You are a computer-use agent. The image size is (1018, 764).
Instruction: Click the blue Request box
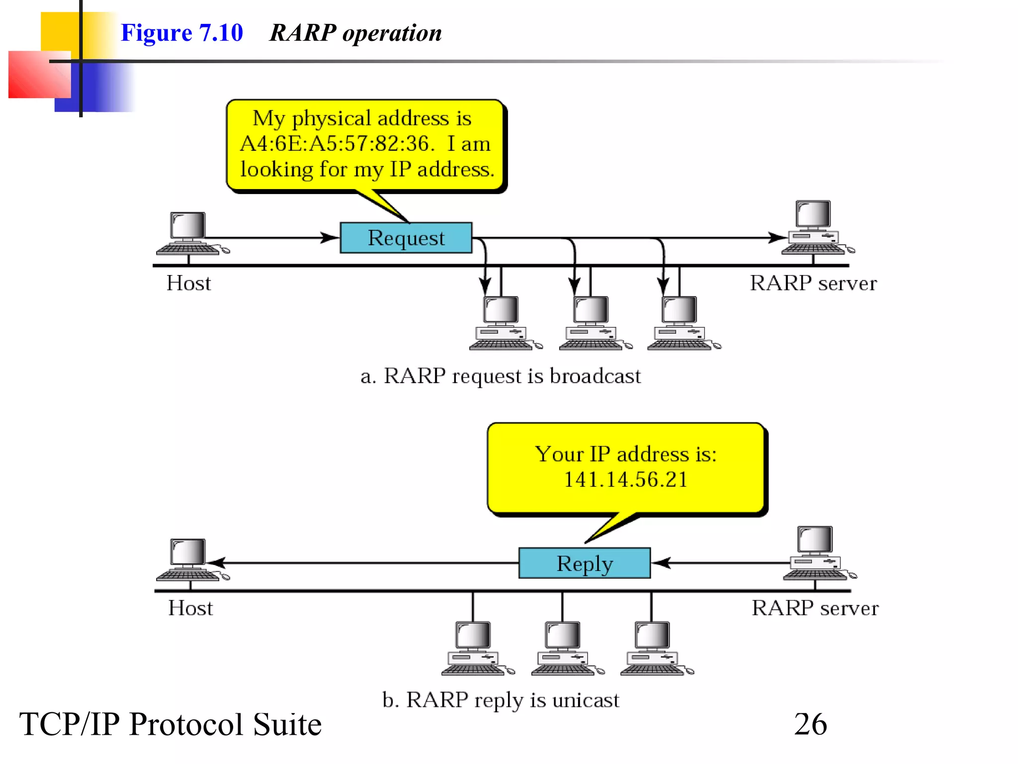(x=406, y=238)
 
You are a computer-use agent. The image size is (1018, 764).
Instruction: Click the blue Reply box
(x=584, y=563)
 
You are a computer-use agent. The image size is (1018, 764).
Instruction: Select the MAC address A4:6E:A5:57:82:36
(x=337, y=144)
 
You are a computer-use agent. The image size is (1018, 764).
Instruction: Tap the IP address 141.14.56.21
(x=625, y=479)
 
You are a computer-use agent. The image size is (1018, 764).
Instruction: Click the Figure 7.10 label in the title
(x=181, y=33)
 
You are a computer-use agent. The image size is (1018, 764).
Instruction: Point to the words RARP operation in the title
(x=355, y=33)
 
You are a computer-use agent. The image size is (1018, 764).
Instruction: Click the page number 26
(x=810, y=724)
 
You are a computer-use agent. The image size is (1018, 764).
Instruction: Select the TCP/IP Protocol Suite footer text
(x=170, y=724)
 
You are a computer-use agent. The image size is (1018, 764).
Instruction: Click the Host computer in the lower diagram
(x=189, y=560)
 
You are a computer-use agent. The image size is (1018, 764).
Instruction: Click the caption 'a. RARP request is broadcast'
(x=500, y=376)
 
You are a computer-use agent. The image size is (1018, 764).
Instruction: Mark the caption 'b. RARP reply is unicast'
(x=500, y=700)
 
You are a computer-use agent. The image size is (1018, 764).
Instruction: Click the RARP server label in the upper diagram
(x=813, y=283)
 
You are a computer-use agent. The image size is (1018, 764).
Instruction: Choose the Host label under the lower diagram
(x=190, y=608)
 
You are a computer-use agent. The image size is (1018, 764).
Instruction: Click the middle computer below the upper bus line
(x=591, y=323)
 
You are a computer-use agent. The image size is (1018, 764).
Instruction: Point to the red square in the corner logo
(x=39, y=75)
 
